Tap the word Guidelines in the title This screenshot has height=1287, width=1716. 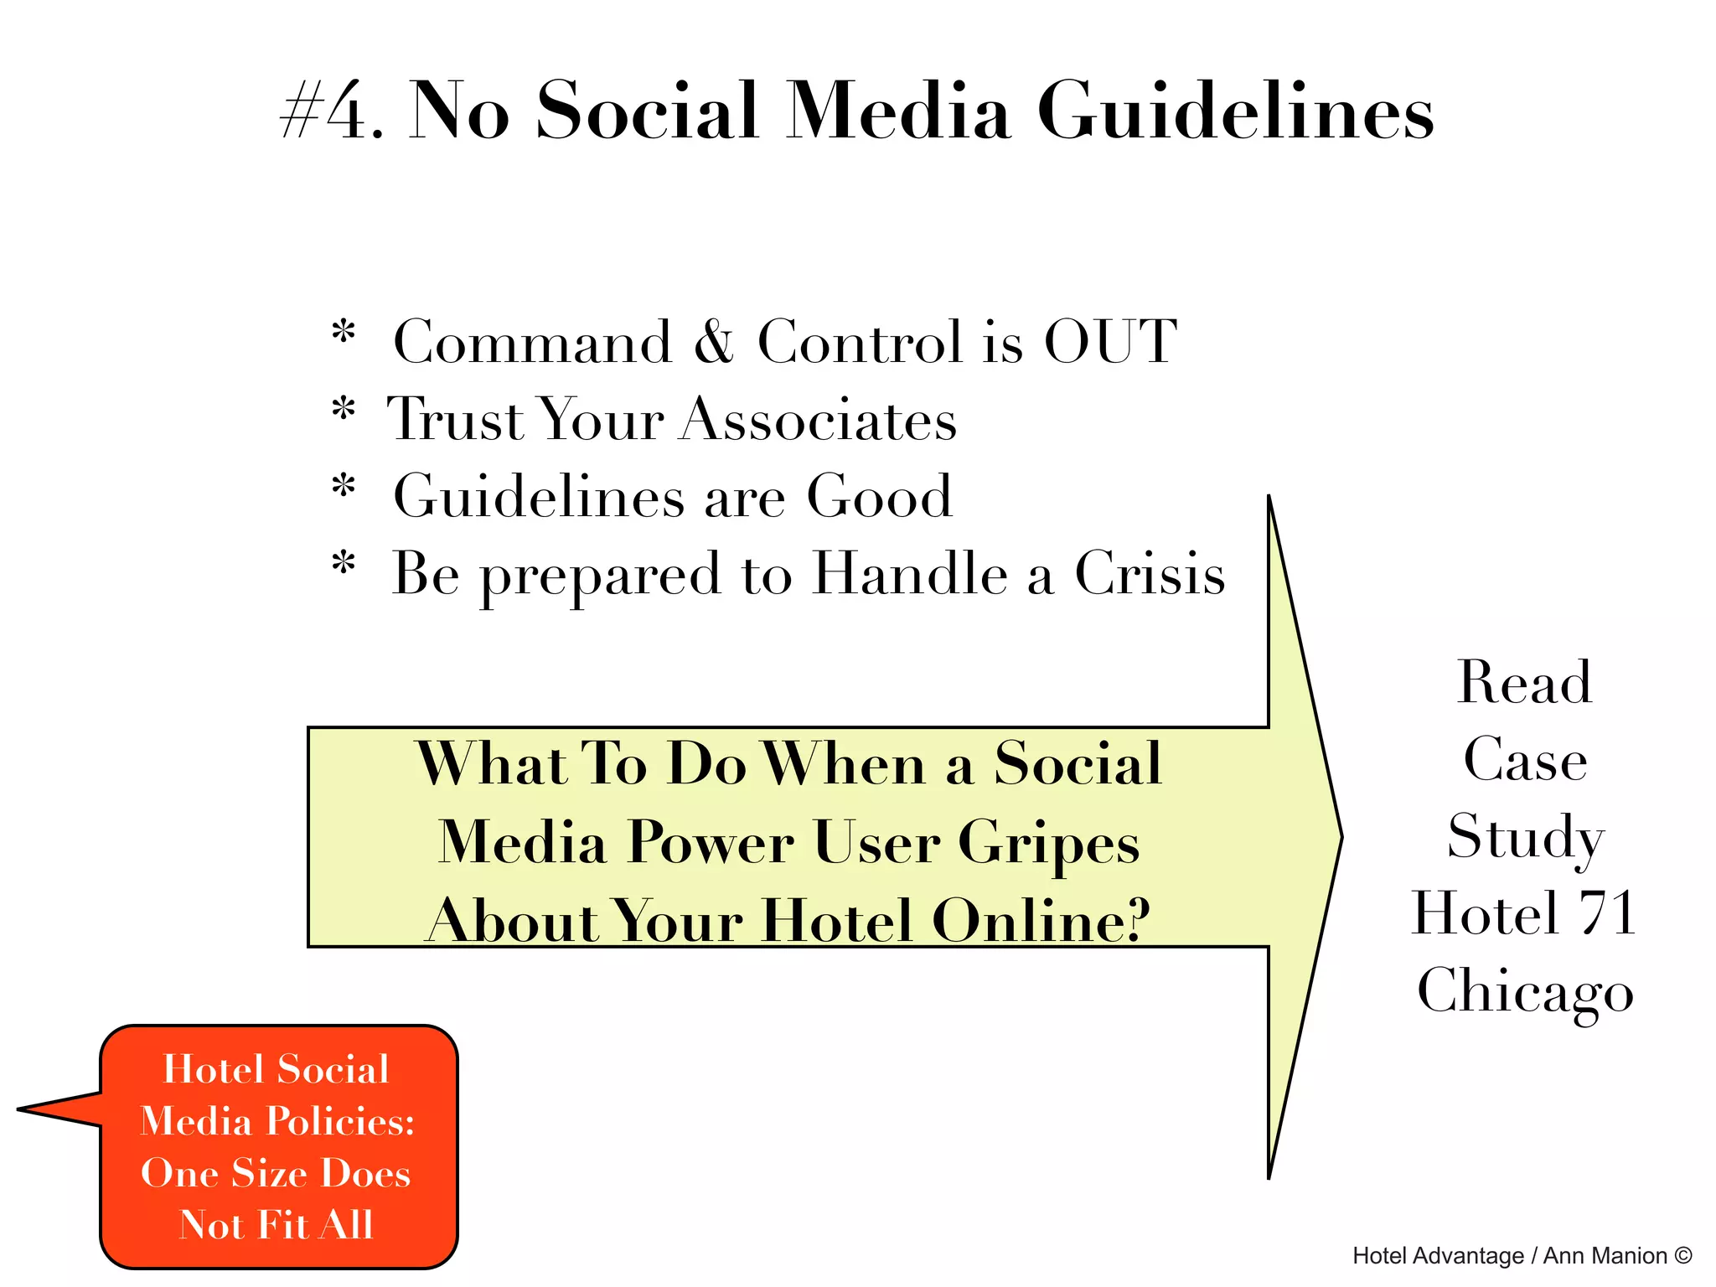point(1235,112)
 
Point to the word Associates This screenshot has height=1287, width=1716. point(818,419)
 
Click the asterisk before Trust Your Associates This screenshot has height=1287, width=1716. point(344,411)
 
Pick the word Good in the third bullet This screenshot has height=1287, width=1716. point(879,496)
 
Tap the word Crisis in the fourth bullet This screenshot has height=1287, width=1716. point(1149,574)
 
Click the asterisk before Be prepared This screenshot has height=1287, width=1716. point(344,564)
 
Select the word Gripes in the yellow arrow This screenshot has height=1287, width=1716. point(1048,842)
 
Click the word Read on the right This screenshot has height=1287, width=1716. point(1524,682)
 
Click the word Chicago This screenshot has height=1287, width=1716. point(1525,990)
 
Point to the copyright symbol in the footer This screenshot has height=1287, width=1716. point(1682,1255)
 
